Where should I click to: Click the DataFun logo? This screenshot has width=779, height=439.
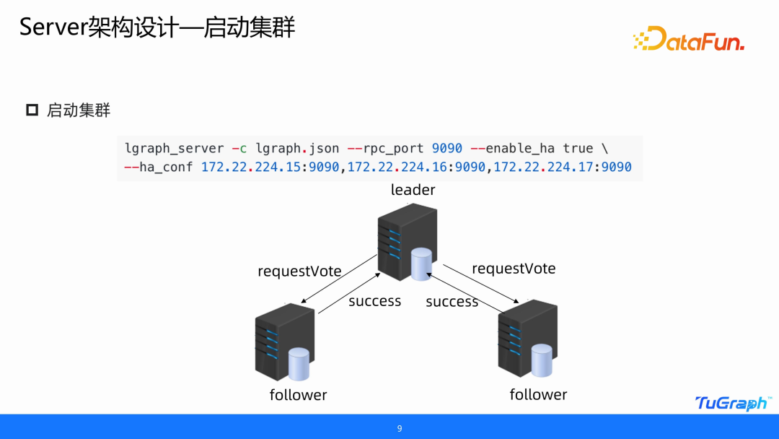tap(688, 39)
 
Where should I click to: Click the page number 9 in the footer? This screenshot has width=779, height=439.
tap(400, 429)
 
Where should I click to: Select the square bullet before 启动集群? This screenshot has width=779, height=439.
tap(32, 110)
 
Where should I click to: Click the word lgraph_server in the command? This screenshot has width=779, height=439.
tap(175, 149)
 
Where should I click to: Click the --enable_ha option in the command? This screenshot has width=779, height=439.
tap(512, 149)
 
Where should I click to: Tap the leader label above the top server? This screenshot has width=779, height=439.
tap(413, 190)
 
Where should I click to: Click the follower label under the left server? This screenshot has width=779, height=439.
tap(298, 395)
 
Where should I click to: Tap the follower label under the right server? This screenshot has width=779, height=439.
tap(538, 394)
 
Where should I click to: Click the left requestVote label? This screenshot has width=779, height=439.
tap(299, 271)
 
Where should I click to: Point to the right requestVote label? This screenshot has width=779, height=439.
tap(514, 269)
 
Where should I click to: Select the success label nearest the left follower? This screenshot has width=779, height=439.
tap(374, 301)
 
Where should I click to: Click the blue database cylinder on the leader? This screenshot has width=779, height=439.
tap(421, 264)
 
